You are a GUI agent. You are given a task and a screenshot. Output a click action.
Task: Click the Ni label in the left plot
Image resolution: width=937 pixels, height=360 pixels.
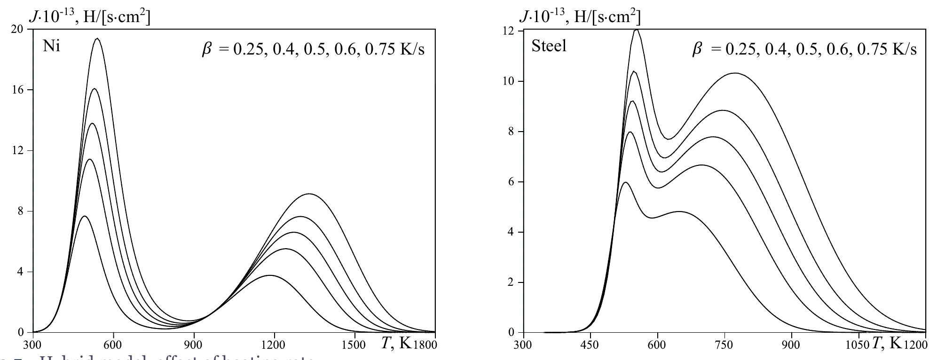coord(51,47)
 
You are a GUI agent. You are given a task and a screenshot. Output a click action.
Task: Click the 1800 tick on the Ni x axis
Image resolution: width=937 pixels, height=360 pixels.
coord(425,344)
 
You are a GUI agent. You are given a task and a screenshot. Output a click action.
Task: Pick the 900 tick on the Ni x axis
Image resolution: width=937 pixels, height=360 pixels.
coord(193,344)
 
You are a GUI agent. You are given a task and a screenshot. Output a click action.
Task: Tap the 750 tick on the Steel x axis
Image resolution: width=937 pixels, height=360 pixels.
coord(724,344)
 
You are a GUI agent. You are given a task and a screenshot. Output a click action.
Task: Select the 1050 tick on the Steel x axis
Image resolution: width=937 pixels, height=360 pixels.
coord(859,344)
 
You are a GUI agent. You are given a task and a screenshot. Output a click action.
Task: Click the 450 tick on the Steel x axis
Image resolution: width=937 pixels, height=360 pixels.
coord(590,344)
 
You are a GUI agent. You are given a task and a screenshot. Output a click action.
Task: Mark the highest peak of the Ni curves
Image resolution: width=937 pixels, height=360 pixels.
coord(97,39)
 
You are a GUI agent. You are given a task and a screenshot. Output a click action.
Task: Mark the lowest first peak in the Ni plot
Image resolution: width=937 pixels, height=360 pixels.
coord(84,216)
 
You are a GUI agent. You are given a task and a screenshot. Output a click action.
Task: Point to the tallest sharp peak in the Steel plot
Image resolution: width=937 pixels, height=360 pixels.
coord(637,30)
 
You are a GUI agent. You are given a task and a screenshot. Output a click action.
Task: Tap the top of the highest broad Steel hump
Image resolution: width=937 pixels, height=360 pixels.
coord(735,73)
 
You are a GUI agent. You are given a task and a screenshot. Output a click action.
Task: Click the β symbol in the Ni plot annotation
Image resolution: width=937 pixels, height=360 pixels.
coord(207,49)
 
